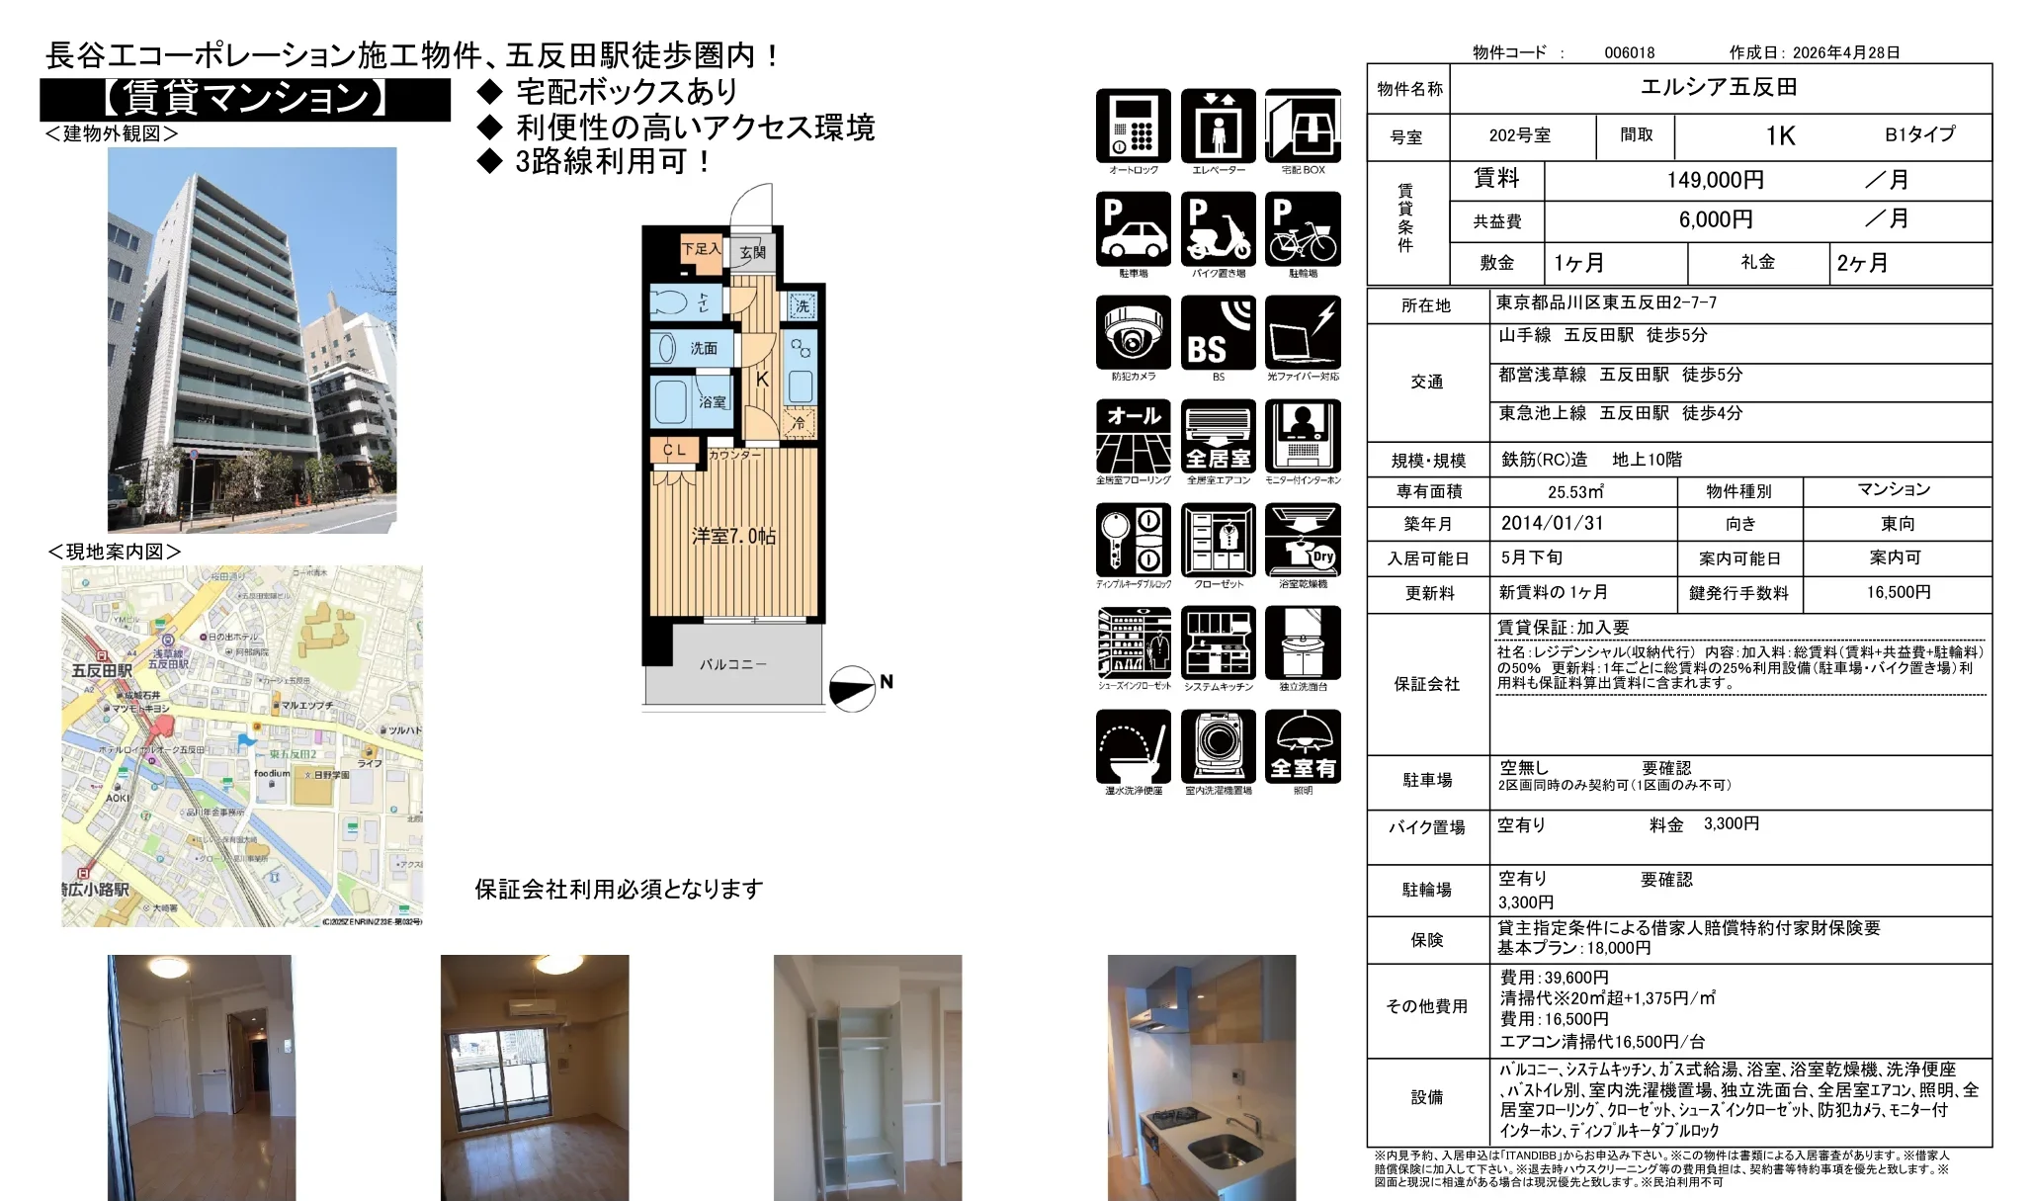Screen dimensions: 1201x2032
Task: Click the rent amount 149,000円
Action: pos(1715,180)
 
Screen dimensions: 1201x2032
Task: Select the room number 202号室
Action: pos(1519,135)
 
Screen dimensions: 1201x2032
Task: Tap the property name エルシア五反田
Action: pos(1719,87)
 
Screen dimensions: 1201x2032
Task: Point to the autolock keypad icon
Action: pos(1133,126)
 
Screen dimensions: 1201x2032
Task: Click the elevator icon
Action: pos(1218,126)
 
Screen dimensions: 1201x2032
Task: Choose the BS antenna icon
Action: pos(1218,333)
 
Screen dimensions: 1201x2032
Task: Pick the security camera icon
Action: pos(1133,333)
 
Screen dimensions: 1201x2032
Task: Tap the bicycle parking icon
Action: pos(1303,229)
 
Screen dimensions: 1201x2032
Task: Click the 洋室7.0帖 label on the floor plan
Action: pos(733,536)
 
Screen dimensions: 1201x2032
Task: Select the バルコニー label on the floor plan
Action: pos(732,664)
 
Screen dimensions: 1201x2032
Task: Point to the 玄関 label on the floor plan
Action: pos(753,252)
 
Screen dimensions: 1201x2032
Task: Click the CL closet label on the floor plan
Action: pos(674,450)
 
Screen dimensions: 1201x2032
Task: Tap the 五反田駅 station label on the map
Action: pos(102,670)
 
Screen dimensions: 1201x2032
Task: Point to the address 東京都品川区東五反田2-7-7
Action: pos(1606,302)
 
